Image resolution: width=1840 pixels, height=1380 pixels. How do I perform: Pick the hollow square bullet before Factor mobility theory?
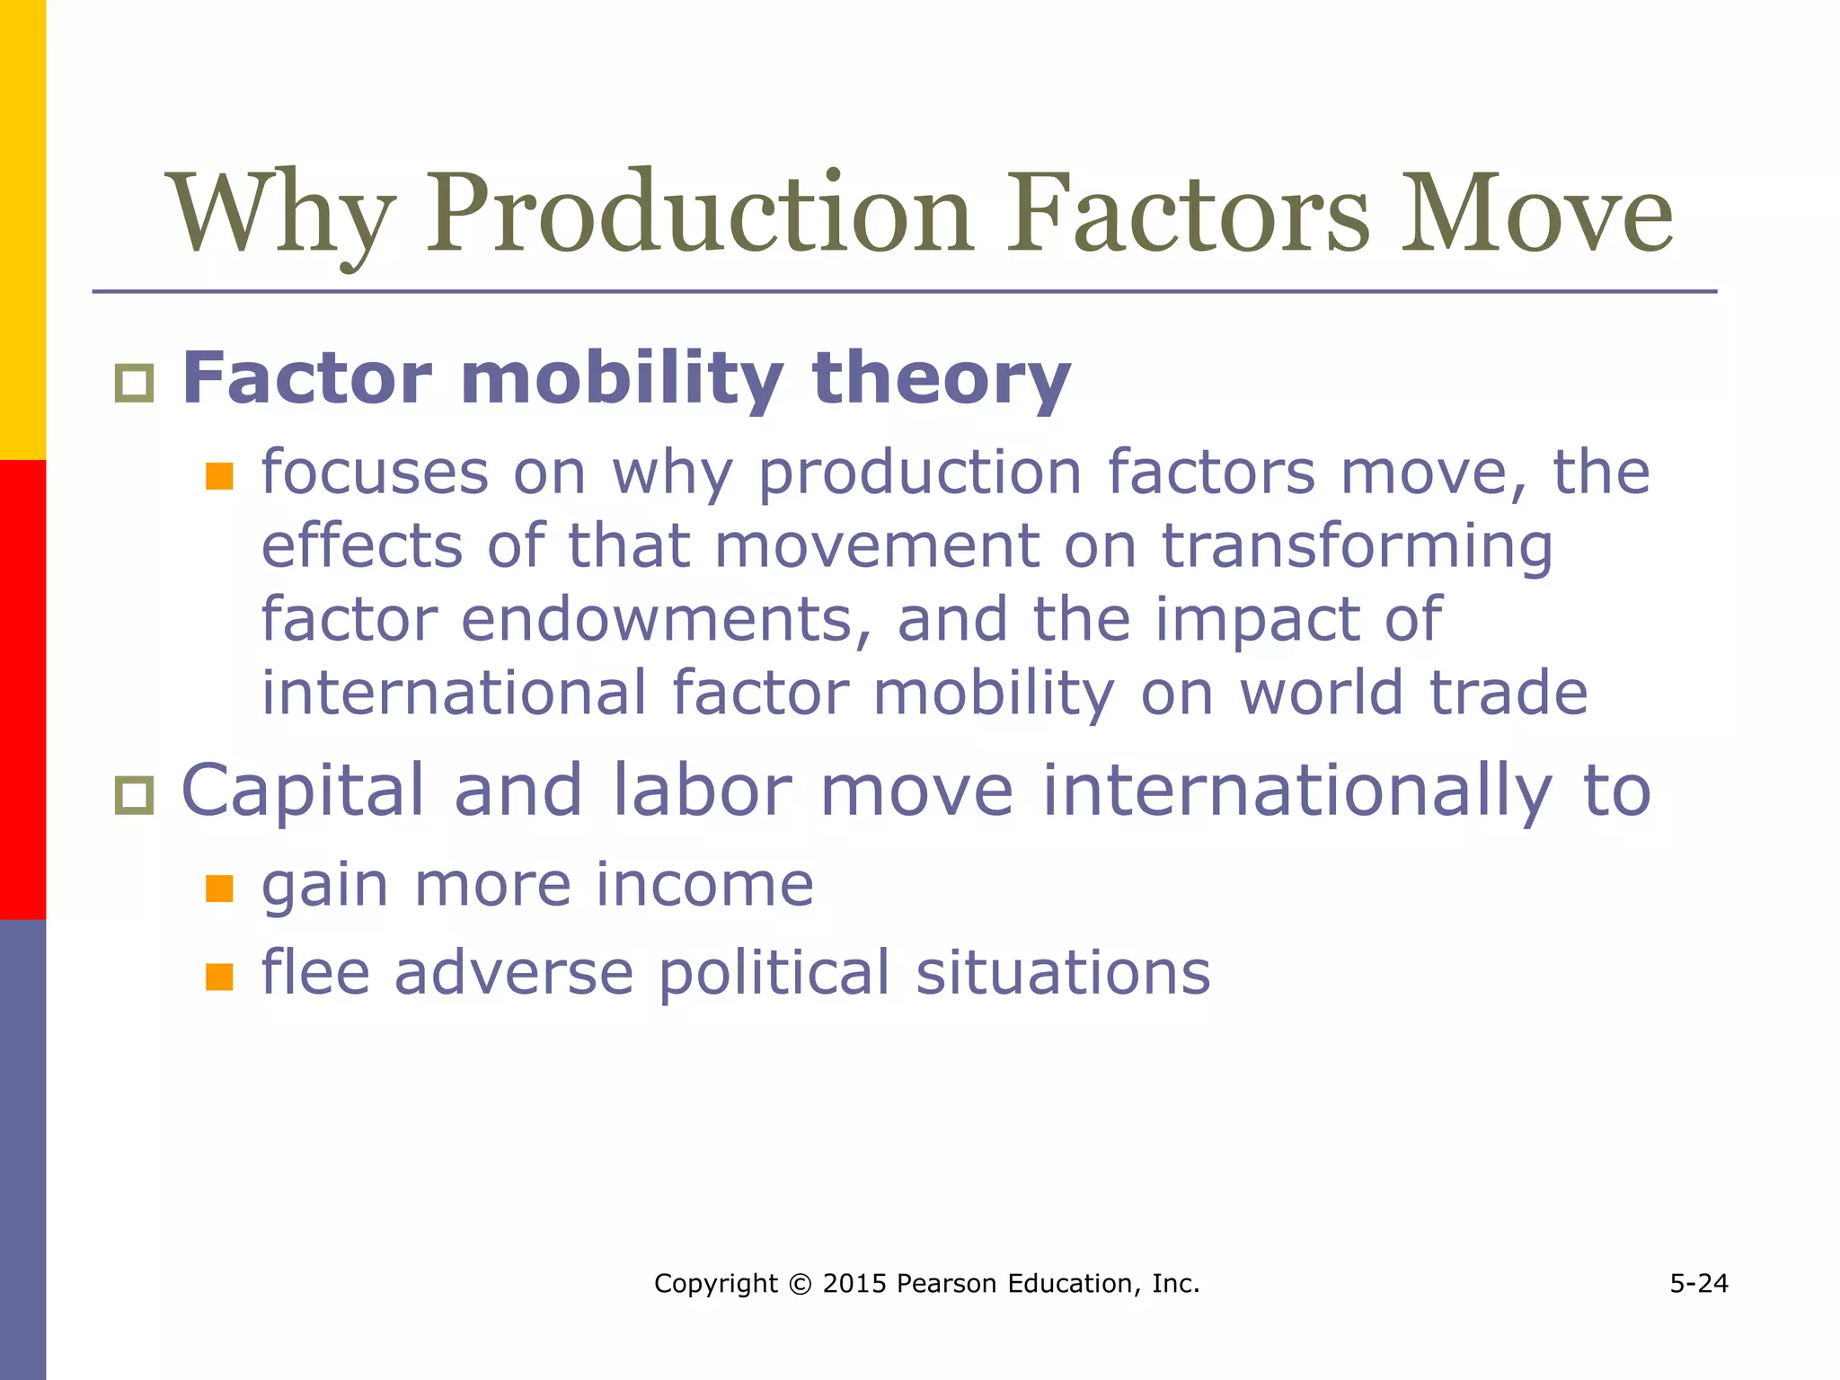(135, 384)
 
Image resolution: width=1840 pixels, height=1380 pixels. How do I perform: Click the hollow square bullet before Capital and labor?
(135, 796)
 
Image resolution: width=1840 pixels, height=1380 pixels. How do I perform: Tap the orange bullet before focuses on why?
(219, 476)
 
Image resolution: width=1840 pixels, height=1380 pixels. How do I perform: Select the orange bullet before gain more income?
(219, 889)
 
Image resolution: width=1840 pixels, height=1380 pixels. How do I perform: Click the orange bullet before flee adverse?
(219, 977)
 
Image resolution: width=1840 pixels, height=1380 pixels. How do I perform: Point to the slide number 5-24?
(1699, 1283)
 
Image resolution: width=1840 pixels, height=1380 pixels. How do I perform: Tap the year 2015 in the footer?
(855, 1284)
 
